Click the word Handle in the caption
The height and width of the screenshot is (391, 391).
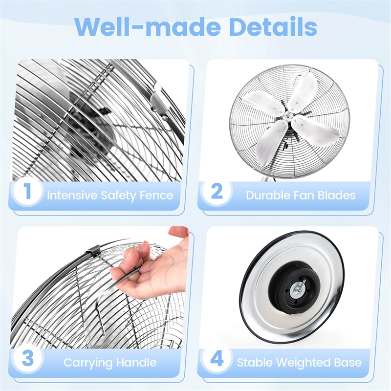(x=137, y=363)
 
